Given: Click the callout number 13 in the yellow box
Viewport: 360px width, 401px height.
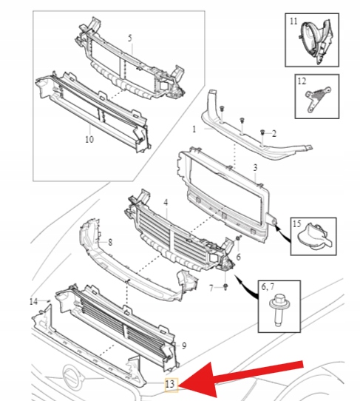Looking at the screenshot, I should [170, 383].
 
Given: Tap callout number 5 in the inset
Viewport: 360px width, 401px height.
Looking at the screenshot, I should [129, 38].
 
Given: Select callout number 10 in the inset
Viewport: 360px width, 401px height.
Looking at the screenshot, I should [89, 138].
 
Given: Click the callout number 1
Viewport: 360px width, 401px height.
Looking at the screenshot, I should [194, 128].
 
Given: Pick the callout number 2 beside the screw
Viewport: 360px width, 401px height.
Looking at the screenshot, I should [274, 133].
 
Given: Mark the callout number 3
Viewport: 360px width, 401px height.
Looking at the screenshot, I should [254, 169].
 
